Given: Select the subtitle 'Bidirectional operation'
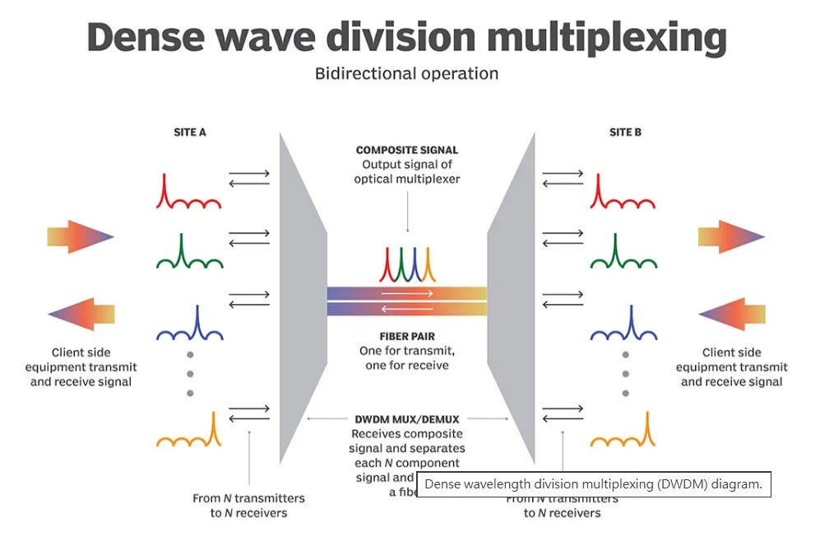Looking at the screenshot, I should pyautogui.click(x=406, y=73).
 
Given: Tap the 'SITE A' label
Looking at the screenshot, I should pyautogui.click(x=190, y=132).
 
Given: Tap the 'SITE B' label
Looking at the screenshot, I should pyautogui.click(x=625, y=132).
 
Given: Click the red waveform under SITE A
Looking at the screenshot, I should pyautogui.click(x=188, y=193).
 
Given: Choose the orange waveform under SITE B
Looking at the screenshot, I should pyautogui.click(x=623, y=432).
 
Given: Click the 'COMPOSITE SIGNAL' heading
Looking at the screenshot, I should pyautogui.click(x=407, y=150).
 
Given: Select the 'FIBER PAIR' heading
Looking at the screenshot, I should pyautogui.click(x=407, y=336).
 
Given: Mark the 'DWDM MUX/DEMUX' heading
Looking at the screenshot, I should pyautogui.click(x=407, y=418).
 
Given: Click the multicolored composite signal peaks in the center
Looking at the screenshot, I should pyautogui.click(x=406, y=264).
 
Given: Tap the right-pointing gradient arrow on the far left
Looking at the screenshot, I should pyautogui.click(x=80, y=237).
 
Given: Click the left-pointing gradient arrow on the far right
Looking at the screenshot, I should pyautogui.click(x=732, y=314).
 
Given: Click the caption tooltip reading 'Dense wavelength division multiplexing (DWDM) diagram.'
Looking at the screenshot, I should pyautogui.click(x=593, y=484).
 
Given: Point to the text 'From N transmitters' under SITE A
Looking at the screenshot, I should pyautogui.click(x=248, y=498).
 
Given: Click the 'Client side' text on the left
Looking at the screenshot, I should pyautogui.click(x=81, y=353).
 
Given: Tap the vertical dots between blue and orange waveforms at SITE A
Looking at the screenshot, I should pyautogui.click(x=190, y=374).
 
